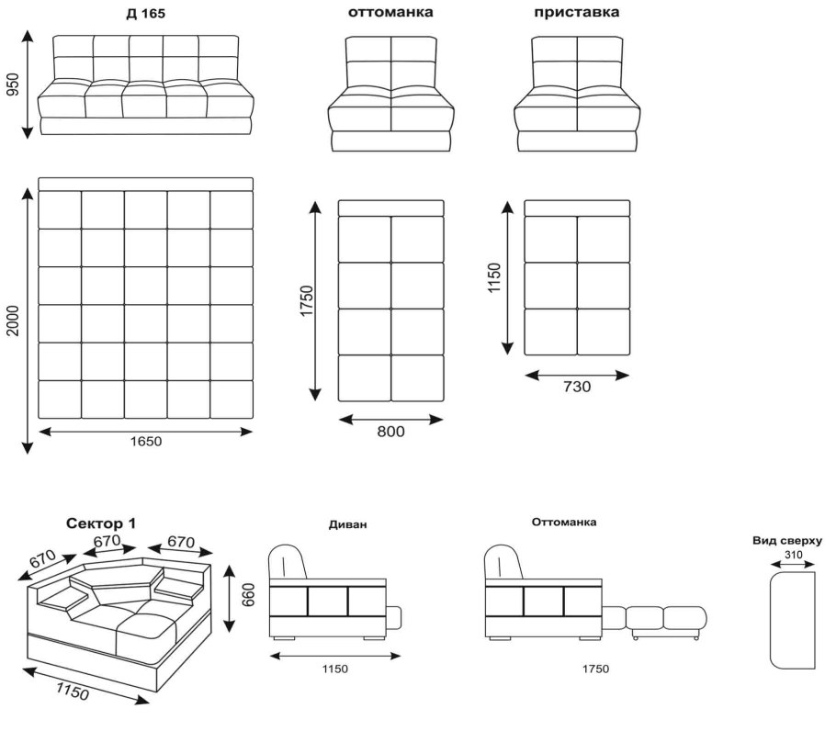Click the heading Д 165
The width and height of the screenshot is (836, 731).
(145, 14)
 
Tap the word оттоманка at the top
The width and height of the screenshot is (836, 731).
(390, 12)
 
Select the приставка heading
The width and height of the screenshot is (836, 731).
(576, 12)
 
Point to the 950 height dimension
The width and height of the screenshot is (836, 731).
(12, 84)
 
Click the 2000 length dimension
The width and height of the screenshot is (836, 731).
(12, 321)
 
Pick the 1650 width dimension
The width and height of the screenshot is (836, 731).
(145, 441)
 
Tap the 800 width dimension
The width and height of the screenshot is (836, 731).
(390, 431)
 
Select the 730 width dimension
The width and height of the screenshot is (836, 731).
(577, 387)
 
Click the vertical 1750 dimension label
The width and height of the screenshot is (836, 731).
(307, 301)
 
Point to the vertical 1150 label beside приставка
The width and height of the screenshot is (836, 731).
(494, 277)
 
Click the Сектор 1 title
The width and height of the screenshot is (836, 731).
(101, 523)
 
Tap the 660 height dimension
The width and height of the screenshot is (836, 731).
(248, 594)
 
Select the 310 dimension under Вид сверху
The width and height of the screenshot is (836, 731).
(793, 554)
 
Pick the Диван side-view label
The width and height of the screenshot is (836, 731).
(347, 524)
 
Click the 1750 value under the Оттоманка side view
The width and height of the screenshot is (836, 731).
(595, 669)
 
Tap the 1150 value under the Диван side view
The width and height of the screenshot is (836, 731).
(334, 669)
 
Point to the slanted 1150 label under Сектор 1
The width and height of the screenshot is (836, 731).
(73, 692)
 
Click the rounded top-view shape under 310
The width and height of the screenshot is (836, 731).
(793, 620)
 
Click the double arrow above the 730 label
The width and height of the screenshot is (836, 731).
(577, 375)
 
